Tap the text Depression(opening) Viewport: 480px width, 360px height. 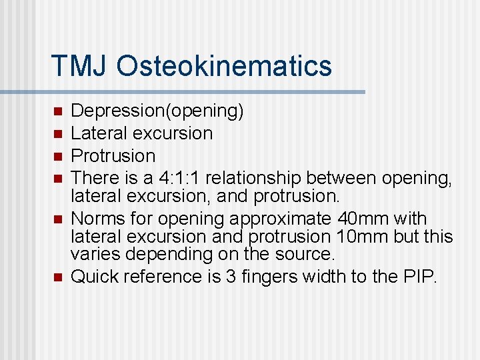pyautogui.click(x=157, y=111)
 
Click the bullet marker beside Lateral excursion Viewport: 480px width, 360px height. pyautogui.click(x=58, y=133)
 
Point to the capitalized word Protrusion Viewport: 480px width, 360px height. pyautogui.click(x=113, y=156)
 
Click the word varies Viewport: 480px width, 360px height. pyautogui.click(x=93, y=254)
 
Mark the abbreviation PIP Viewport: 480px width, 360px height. pyautogui.click(x=419, y=277)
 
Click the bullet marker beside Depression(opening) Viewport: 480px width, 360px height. pyautogui.click(x=58, y=111)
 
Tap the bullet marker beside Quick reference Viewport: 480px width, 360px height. pyautogui.click(x=58, y=277)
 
